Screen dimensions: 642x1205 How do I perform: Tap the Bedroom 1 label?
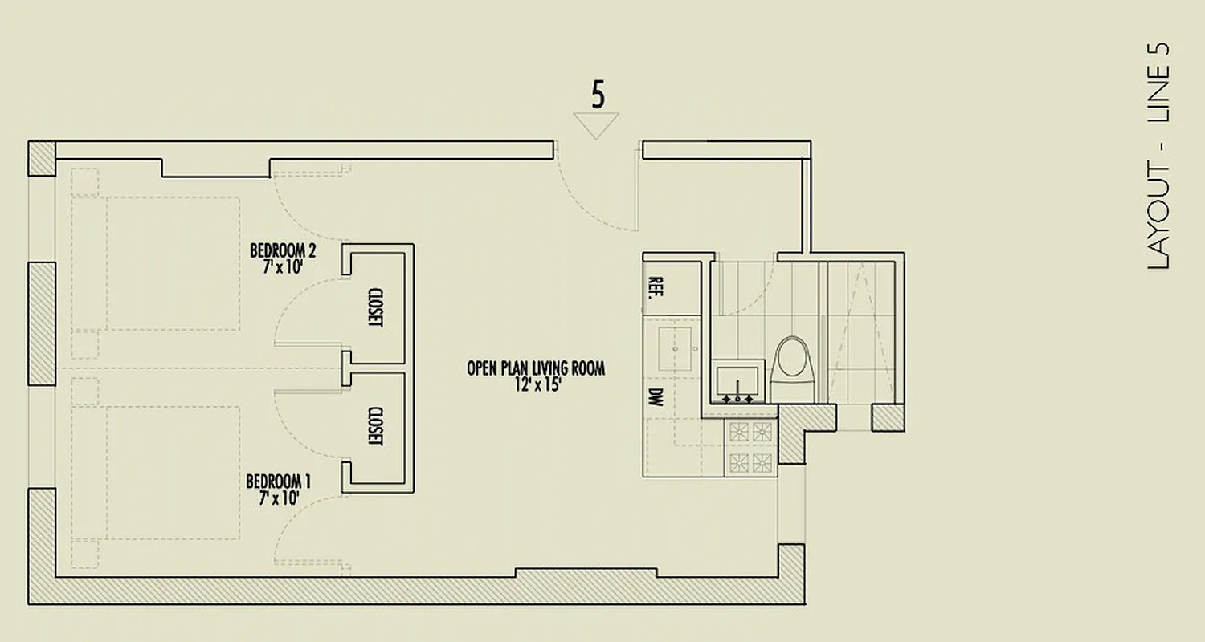(277, 481)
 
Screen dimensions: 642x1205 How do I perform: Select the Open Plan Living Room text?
(535, 368)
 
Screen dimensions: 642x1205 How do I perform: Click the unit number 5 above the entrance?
(597, 95)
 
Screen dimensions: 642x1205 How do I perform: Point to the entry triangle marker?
(596, 124)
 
